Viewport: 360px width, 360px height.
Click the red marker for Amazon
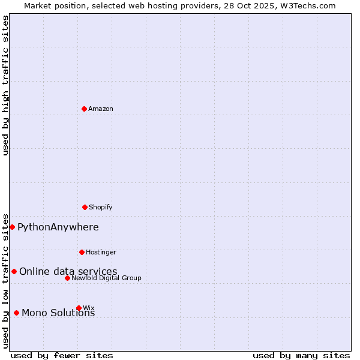tap(84, 109)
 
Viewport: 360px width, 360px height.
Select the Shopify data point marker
tap(85, 207)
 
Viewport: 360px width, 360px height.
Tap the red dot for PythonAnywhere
tap(12, 227)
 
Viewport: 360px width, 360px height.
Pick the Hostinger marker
tap(82, 252)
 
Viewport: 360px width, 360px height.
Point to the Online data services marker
tap(14, 271)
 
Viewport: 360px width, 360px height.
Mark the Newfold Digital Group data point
tap(67, 278)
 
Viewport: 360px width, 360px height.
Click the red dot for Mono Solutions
tap(16, 313)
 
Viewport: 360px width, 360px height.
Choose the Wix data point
tap(79, 308)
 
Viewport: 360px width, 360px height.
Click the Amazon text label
tap(101, 109)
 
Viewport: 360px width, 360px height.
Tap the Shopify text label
tap(101, 207)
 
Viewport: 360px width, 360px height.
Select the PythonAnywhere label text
tap(58, 227)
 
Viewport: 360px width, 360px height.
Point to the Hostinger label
tap(101, 252)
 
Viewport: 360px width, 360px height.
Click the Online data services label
tap(68, 271)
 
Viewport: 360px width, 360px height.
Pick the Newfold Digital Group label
tap(107, 278)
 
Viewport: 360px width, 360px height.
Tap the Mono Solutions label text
tap(58, 313)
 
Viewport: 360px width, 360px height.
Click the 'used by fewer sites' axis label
tap(62, 355)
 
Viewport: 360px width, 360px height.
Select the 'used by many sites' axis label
tap(301, 355)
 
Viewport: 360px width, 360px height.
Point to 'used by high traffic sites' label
tap(5, 85)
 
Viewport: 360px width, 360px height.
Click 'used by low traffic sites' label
tap(5, 280)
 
